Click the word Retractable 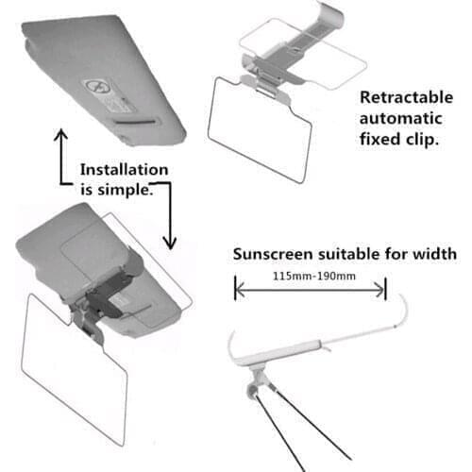(x=403, y=97)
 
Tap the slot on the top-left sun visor (x=135, y=120)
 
